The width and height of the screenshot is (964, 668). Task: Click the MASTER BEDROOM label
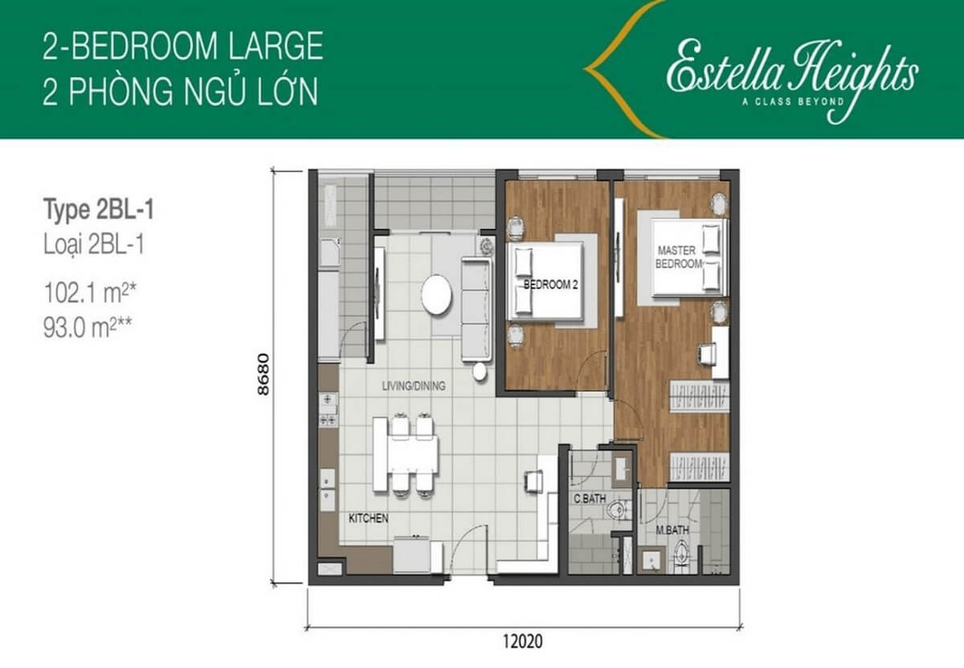pos(678,256)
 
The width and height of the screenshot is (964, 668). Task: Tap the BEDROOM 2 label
pos(550,285)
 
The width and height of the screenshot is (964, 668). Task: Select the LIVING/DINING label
pos(414,386)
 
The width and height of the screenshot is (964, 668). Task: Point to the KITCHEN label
pos(369,518)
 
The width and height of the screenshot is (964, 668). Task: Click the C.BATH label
pos(590,498)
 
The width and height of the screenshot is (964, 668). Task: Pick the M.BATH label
pos(672,531)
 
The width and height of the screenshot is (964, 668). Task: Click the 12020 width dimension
pos(522,641)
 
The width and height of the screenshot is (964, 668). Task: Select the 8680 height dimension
pos(263,375)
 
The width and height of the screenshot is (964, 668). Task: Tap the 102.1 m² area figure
pos(90,293)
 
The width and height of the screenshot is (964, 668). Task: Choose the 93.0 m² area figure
pos(88,327)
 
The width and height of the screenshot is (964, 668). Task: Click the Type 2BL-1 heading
pos(99,210)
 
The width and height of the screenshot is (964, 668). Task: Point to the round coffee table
pos(436,294)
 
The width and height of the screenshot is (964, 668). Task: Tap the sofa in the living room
pos(476,309)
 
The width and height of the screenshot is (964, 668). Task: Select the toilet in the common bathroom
pos(617,510)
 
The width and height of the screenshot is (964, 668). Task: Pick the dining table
pos(406,455)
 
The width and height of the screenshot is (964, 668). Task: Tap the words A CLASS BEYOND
pos(793,101)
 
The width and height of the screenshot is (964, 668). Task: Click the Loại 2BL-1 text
pos(94,244)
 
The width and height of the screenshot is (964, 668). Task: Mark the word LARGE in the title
pos(276,46)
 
